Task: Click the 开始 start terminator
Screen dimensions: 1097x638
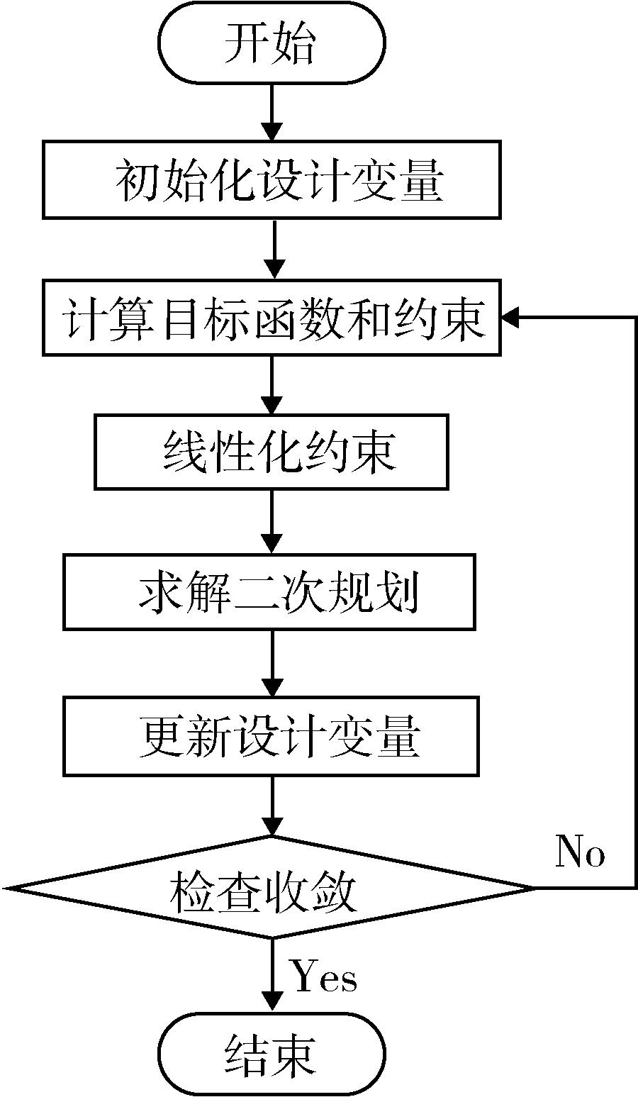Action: pos(272,44)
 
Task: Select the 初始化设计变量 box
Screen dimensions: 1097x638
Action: pos(272,179)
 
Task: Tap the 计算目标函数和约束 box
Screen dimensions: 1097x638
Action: pos(272,318)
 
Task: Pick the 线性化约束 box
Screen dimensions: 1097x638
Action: pos(272,452)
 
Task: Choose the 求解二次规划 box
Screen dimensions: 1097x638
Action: pos(269,592)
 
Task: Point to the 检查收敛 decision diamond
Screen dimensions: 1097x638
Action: pos(272,888)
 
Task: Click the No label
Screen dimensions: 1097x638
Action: pos(580,852)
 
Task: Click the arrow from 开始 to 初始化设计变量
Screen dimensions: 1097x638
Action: pos(272,114)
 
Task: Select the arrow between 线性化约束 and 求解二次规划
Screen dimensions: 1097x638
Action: pos(272,522)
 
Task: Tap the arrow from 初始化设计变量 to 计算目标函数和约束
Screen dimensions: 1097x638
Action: pos(272,250)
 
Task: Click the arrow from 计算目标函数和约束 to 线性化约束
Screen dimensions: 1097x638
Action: pos(272,386)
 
